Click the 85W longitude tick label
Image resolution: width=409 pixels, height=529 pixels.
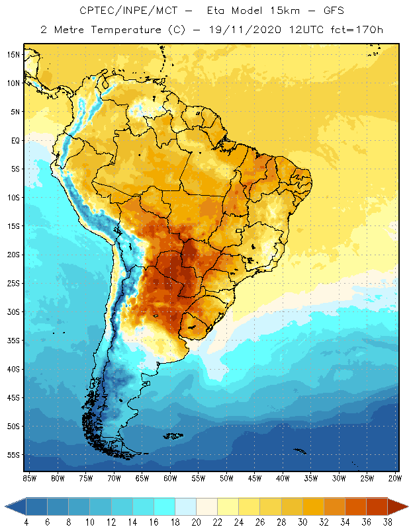[x=29, y=477]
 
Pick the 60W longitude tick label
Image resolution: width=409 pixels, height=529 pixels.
[x=170, y=477]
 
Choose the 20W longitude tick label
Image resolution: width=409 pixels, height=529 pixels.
[x=395, y=477]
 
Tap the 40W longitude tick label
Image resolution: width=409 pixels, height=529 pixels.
[x=283, y=477]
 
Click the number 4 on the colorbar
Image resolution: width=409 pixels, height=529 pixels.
[x=26, y=521]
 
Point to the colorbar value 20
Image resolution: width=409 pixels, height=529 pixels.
[x=196, y=521]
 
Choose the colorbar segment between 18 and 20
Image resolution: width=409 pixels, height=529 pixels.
[x=185, y=507]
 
